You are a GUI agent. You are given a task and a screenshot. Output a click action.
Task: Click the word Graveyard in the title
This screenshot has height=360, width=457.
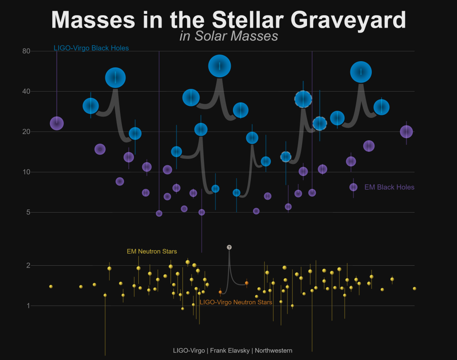[x=349, y=20]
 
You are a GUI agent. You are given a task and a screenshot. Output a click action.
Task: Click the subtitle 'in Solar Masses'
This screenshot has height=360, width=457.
[x=228, y=36]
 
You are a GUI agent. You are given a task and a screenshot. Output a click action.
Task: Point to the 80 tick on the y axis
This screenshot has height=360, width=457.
[x=26, y=51]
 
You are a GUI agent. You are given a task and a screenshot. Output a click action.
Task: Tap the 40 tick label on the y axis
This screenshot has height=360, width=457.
[x=26, y=92]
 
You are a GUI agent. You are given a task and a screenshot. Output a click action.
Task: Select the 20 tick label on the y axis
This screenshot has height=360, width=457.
[x=26, y=132]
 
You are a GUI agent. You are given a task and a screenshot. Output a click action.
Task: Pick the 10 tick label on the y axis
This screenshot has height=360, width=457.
[x=26, y=172]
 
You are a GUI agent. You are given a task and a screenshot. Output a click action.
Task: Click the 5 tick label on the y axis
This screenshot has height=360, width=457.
[x=27, y=212]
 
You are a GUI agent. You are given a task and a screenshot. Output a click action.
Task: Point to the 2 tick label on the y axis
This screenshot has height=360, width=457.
[x=27, y=265]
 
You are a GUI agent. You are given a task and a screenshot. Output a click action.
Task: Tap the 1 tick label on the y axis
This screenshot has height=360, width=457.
[x=27, y=306]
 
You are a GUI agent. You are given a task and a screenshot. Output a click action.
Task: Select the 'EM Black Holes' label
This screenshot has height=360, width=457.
[x=389, y=187]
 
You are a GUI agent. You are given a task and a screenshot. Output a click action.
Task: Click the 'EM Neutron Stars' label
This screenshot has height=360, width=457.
[x=152, y=251]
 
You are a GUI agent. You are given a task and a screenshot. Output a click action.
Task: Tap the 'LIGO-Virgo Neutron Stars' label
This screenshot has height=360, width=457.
[x=236, y=302]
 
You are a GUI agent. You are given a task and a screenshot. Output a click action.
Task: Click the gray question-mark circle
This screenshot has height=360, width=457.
[x=229, y=247]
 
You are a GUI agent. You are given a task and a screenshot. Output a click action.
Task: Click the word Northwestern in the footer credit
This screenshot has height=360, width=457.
[x=274, y=351]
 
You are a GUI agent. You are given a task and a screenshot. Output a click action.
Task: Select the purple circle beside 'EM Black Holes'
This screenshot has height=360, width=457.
[x=353, y=187]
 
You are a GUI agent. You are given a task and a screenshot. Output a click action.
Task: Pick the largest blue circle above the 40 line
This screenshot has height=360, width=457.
[x=220, y=66]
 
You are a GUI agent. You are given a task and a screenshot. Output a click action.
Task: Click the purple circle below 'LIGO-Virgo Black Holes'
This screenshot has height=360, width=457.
[x=57, y=123]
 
